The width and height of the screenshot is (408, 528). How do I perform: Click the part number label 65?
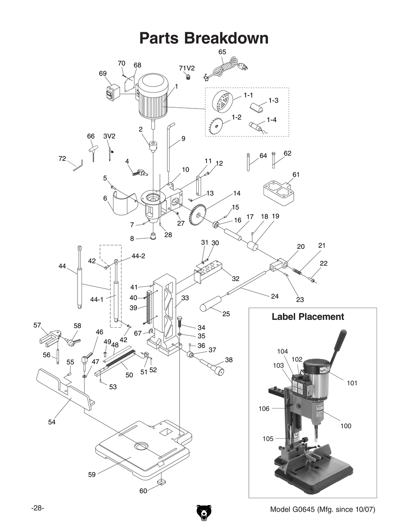pyautogui.click(x=222, y=52)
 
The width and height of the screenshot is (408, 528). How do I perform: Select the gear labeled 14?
pyautogui.click(x=199, y=215)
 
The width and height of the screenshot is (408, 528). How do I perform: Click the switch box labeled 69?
pyautogui.click(x=111, y=93)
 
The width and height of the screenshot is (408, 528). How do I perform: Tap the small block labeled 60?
pyautogui.click(x=162, y=483)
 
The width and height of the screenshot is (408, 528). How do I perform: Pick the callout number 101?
pyautogui.click(x=352, y=383)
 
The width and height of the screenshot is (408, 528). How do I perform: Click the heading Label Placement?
pyautogui.click(x=308, y=317)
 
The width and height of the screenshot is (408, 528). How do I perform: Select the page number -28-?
pyautogui.click(x=38, y=508)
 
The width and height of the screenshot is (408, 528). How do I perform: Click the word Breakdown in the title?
pyautogui.click(x=226, y=38)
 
